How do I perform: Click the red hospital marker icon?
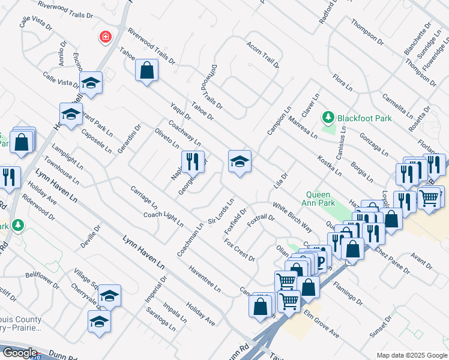click(x=106, y=37)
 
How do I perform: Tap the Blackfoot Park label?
click(x=364, y=118)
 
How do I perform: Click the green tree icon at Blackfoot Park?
click(x=328, y=116)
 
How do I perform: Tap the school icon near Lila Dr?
click(x=240, y=161)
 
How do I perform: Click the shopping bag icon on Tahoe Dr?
click(x=146, y=70)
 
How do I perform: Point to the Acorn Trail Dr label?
click(x=263, y=55)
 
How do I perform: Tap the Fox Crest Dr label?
click(x=240, y=250)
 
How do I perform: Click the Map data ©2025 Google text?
click(x=412, y=355)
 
